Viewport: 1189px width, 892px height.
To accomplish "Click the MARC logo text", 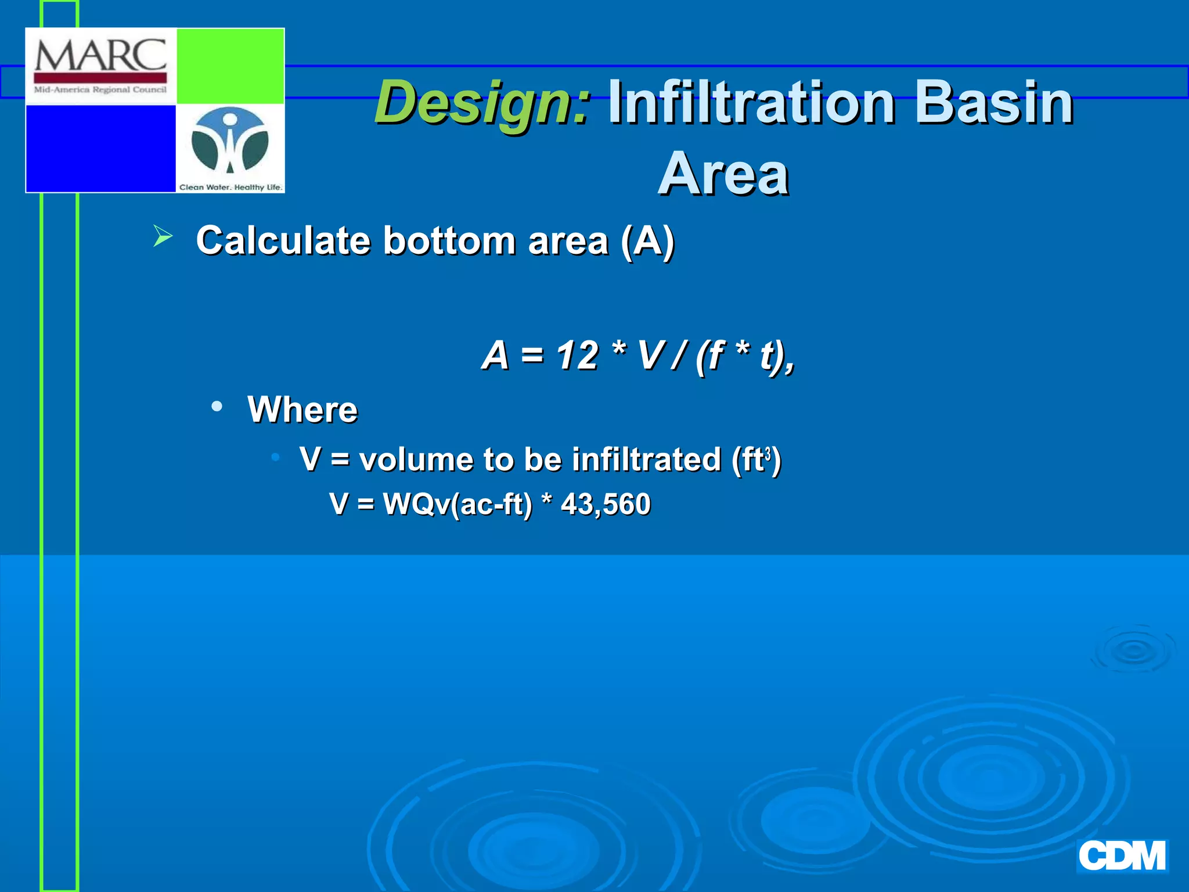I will pos(100,57).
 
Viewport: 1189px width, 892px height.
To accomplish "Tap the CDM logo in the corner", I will pos(1122,857).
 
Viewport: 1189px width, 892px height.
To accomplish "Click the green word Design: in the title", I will pos(482,103).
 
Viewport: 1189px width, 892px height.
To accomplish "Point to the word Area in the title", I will pos(723,174).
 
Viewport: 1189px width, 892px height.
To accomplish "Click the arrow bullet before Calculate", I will pos(163,237).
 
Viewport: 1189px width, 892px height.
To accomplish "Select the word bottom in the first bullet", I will pos(449,240).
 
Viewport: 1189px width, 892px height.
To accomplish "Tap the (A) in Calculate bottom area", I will pos(647,240).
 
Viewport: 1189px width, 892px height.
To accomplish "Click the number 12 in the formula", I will pos(577,355).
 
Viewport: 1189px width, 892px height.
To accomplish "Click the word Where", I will pos(302,409).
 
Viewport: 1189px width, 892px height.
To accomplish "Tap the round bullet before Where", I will pos(217,407).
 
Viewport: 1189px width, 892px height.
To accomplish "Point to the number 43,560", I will pos(606,504).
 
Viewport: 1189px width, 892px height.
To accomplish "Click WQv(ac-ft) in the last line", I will pos(457,504).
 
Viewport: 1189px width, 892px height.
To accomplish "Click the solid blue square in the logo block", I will pos(100,148).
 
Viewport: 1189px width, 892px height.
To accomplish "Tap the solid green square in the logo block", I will pos(230,66).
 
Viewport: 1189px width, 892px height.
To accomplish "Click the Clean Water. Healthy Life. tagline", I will pos(230,187).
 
